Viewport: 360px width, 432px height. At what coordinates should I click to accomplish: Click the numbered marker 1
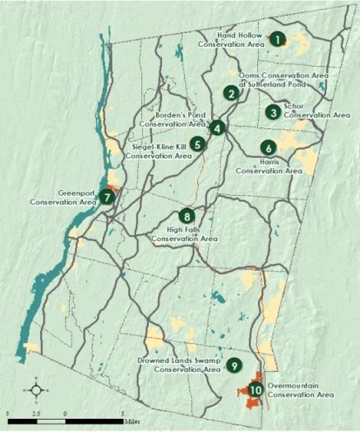[x=278, y=38]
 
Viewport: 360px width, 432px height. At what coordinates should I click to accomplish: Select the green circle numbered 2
[x=233, y=94]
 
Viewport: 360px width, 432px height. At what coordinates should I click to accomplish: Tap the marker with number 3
[x=272, y=113]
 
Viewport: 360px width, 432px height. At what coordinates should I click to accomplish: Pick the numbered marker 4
[x=216, y=128]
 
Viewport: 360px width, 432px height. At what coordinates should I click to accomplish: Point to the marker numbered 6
[x=268, y=148]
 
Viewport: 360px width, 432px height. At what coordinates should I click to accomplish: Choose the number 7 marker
[x=107, y=197]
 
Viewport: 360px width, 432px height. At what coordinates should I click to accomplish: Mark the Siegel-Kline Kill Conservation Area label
[x=150, y=151]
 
